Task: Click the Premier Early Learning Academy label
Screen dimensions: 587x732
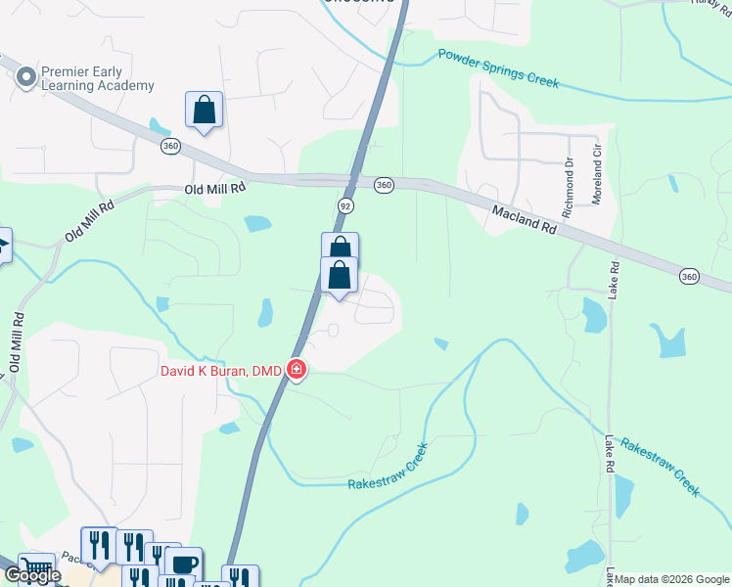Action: pos(97,78)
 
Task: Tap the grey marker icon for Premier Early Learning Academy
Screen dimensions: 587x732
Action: pos(25,73)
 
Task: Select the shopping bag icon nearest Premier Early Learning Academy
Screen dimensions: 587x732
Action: pos(204,109)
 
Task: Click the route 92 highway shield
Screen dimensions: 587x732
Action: pos(345,206)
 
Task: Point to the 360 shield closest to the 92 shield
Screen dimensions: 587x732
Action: pos(384,184)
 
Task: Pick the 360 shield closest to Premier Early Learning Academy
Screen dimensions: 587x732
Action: pos(171,146)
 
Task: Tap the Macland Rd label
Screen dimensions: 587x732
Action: pos(524,218)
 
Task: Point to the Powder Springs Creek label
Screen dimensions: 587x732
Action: pos(498,68)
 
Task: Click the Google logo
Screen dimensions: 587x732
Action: pos(31,575)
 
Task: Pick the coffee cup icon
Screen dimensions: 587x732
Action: pos(183,564)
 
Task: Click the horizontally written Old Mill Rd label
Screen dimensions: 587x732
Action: pos(211,189)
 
